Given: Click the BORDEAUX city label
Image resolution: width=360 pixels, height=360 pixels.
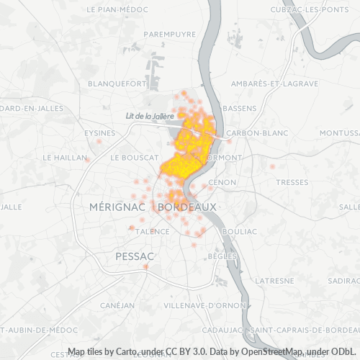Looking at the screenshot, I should pyautogui.click(x=186, y=207).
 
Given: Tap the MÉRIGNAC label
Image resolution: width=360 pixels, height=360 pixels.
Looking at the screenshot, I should pyautogui.click(x=118, y=207).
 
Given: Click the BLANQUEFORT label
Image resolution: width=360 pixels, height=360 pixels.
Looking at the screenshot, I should pyautogui.click(x=117, y=84).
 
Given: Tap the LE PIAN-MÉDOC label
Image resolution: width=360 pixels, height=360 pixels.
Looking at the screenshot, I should pyautogui.click(x=117, y=10).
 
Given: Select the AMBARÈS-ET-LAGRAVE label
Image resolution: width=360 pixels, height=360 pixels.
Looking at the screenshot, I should pyautogui.click(x=274, y=84).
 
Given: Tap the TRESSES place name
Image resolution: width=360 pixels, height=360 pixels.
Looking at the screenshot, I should pyautogui.click(x=292, y=182).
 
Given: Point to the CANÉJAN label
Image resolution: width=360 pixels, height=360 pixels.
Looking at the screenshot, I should pyautogui.click(x=117, y=305).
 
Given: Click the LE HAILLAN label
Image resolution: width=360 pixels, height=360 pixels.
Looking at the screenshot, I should pyautogui.click(x=64, y=157).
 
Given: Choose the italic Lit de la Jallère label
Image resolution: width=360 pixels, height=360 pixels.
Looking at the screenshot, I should pyautogui.click(x=150, y=116).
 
